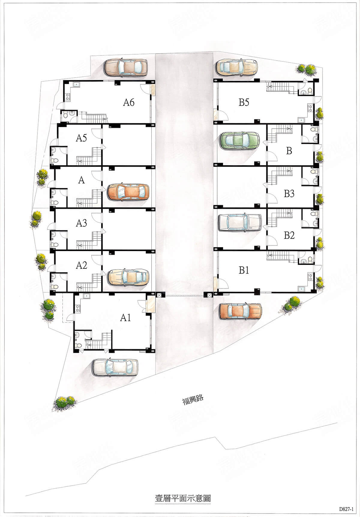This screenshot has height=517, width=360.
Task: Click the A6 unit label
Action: [129, 103]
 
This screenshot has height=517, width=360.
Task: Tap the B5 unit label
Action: [244, 103]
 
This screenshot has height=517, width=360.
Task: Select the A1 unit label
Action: [125, 318]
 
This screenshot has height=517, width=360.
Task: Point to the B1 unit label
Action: [244, 270]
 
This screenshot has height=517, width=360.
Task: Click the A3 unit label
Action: [81, 223]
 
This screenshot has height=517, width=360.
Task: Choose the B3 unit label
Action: [289, 194]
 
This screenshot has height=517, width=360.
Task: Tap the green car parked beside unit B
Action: [240, 140]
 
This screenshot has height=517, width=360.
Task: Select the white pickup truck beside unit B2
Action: [240, 222]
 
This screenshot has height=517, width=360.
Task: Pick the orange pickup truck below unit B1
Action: [241, 311]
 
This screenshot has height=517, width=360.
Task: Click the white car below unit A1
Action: [116, 367]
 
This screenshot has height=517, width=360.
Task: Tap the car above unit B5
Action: [237, 67]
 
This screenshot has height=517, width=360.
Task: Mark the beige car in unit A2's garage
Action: [128, 276]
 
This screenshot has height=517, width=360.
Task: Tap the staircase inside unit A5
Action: [89, 156]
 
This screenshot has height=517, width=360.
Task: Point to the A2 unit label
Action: [81, 265]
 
